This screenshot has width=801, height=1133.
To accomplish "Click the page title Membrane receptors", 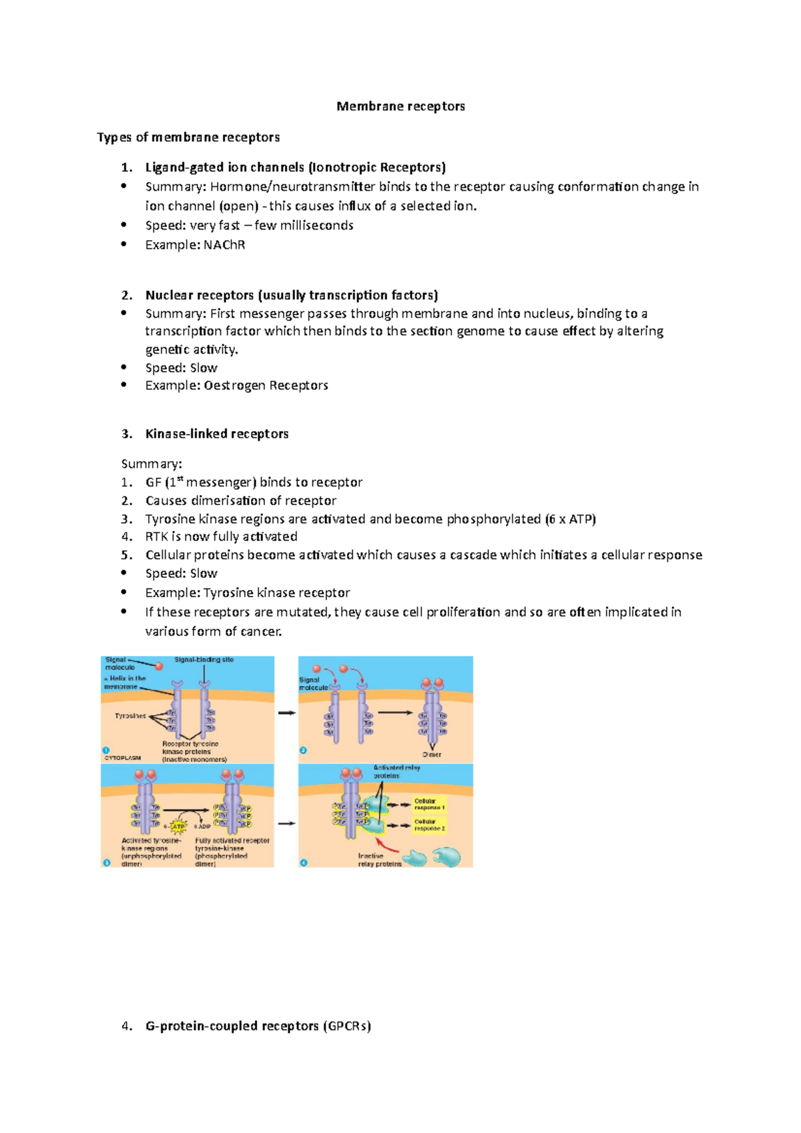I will (x=400, y=106).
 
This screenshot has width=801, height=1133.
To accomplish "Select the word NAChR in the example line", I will (x=224, y=245).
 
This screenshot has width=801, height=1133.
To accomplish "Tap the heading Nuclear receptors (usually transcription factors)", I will (x=292, y=295).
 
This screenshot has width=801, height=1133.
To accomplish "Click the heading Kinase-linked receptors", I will (x=217, y=434).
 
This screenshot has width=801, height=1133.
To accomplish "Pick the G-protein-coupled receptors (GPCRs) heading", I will (x=258, y=1026).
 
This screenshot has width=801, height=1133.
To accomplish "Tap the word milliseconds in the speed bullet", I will (x=316, y=226).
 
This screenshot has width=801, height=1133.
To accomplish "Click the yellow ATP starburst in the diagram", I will (x=178, y=827).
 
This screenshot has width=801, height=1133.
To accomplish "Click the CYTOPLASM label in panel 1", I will (x=122, y=758).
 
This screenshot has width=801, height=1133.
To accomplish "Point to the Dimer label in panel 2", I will (x=432, y=755).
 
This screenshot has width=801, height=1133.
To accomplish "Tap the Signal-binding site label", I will (x=204, y=660).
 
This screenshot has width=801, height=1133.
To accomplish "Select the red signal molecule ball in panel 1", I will (x=159, y=667).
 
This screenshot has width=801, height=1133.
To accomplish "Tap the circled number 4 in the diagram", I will (x=304, y=863).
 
